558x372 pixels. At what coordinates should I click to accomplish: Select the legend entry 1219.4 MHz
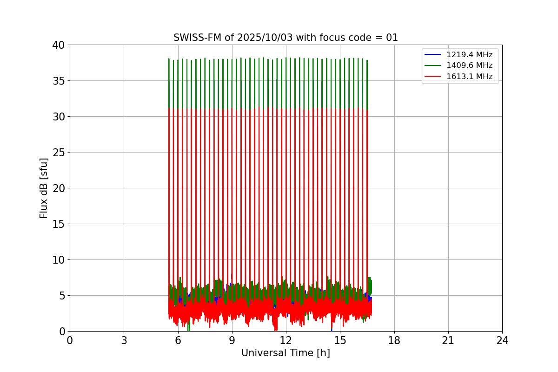[469, 55]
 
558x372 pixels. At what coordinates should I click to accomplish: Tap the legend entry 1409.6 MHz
[469, 66]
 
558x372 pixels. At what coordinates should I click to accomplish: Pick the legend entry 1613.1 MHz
[469, 76]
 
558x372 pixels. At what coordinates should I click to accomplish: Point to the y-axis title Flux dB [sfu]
[44, 188]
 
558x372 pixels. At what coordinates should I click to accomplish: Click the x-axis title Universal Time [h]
[286, 353]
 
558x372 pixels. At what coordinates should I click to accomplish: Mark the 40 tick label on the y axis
[59, 45]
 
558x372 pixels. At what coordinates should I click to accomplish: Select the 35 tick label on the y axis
[59, 81]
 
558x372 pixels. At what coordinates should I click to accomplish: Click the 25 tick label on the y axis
[59, 153]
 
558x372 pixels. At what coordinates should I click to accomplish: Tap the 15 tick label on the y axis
[59, 224]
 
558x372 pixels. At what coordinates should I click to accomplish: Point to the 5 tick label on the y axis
[62, 296]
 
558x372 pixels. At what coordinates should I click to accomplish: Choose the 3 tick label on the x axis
[124, 340]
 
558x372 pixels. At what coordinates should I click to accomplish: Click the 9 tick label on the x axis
[232, 340]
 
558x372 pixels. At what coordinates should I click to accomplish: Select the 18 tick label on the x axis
[394, 340]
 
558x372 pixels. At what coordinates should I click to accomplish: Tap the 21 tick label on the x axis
[448, 340]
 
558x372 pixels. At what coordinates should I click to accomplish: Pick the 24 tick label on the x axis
[502, 340]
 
